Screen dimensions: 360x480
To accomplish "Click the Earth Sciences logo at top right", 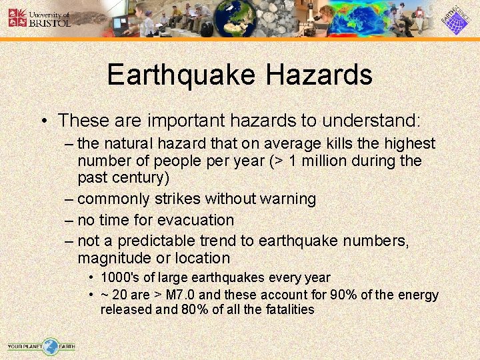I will [x=456, y=18].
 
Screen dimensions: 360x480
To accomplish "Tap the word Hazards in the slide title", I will [x=319, y=75].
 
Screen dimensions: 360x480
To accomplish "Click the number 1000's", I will [x=119, y=277].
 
